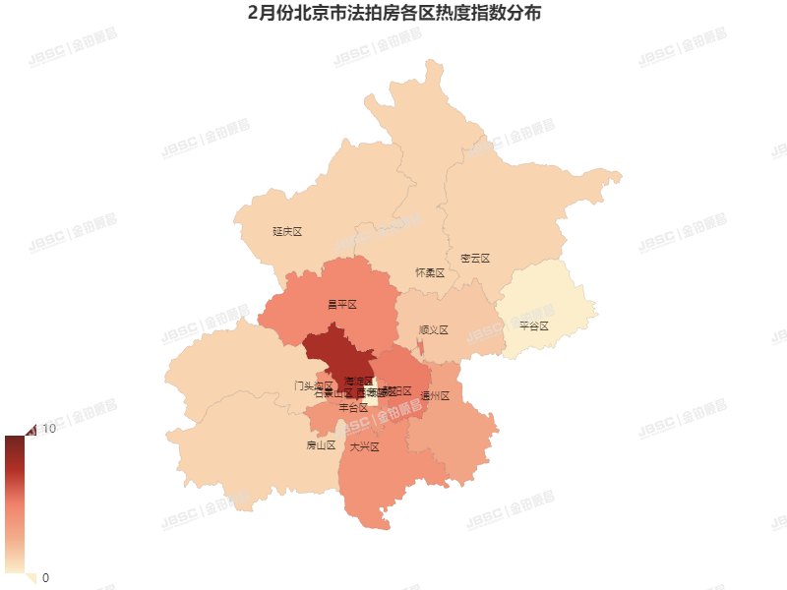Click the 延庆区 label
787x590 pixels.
[286, 232]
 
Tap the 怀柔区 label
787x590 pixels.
[430, 272]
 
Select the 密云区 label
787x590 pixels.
[474, 259]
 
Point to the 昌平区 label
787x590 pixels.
[341, 305]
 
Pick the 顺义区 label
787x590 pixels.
[433, 330]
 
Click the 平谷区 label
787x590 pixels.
[533, 325]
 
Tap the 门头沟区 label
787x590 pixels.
[313, 385]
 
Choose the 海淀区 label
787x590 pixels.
[359, 381]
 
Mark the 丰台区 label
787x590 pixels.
[353, 407]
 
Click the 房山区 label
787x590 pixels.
[321, 445]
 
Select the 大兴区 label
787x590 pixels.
[364, 446]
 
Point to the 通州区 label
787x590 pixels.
[434, 396]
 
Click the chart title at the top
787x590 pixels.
[393, 15]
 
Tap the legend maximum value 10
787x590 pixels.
[47, 428]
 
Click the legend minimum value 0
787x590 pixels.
[45, 577]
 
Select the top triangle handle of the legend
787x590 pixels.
[29, 429]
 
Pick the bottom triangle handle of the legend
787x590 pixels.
[30, 577]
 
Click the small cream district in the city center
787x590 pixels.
[378, 390]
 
